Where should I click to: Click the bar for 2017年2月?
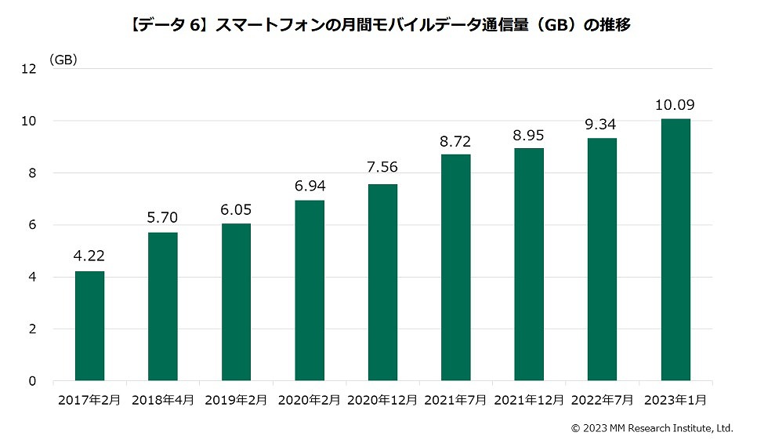(x=89, y=326)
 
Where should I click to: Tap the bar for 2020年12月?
(x=382, y=282)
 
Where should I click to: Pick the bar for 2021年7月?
(x=456, y=267)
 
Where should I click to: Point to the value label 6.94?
(x=310, y=187)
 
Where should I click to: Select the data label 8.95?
(x=529, y=134)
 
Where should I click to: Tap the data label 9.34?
(x=603, y=124)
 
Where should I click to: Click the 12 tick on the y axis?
(x=31, y=69)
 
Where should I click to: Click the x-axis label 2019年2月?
(x=236, y=400)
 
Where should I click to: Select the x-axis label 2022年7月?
(x=602, y=400)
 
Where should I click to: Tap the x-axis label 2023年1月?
(x=676, y=400)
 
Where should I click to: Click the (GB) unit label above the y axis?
(x=63, y=60)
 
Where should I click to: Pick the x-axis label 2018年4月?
(x=163, y=400)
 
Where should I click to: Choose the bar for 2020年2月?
(x=310, y=291)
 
